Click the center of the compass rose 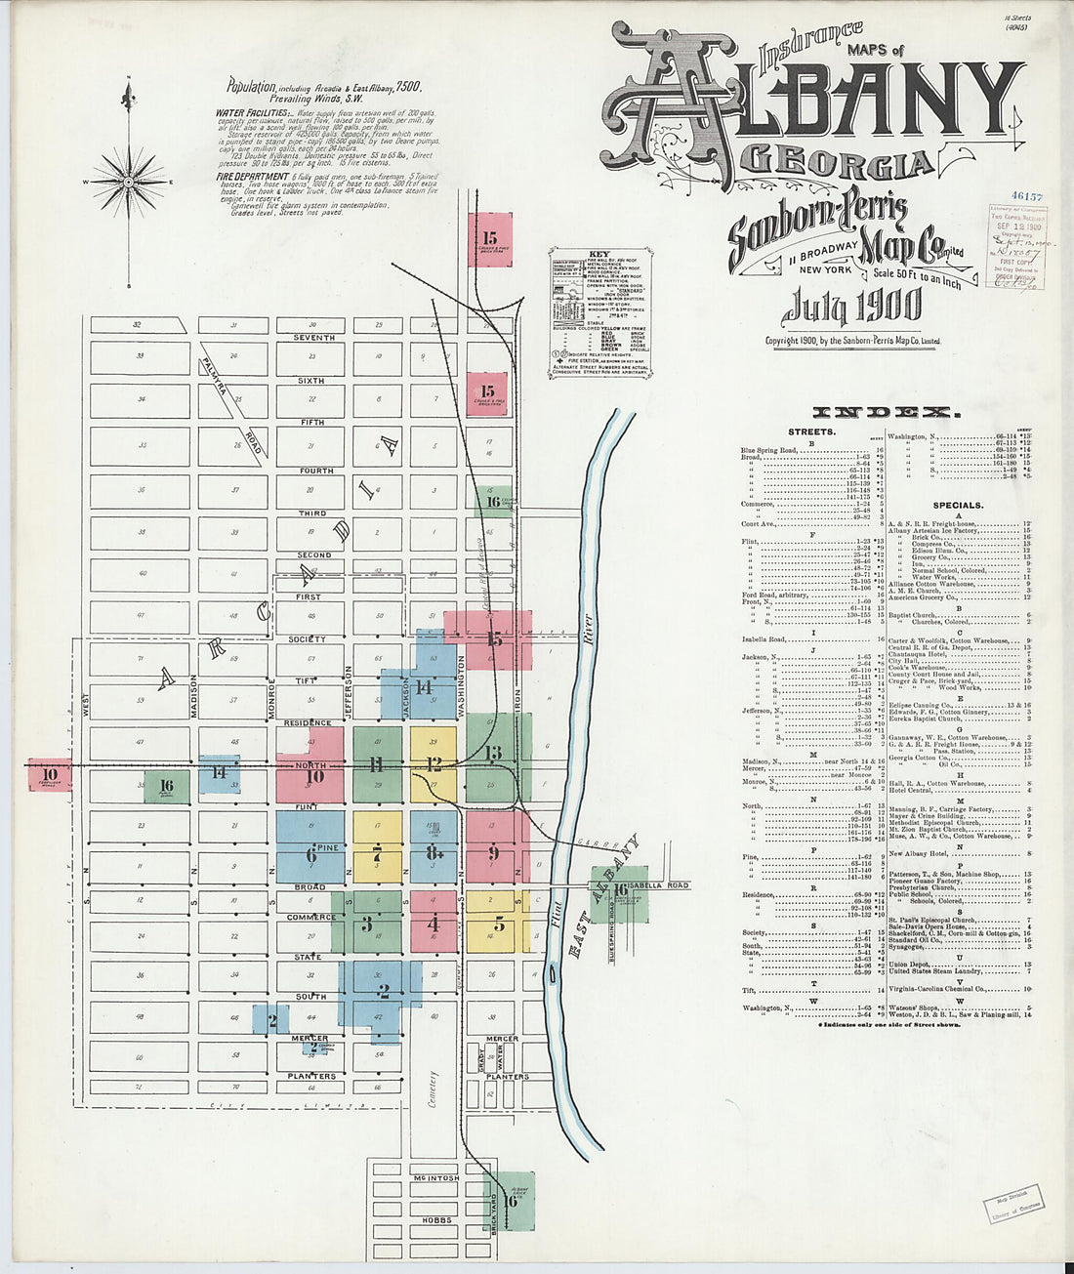128,182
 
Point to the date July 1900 851,306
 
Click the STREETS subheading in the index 811,431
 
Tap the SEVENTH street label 314,338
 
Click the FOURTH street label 316,471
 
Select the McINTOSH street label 435,1178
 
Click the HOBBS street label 435,1220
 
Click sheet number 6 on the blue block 311,855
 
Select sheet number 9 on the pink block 493,853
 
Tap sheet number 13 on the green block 493,752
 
